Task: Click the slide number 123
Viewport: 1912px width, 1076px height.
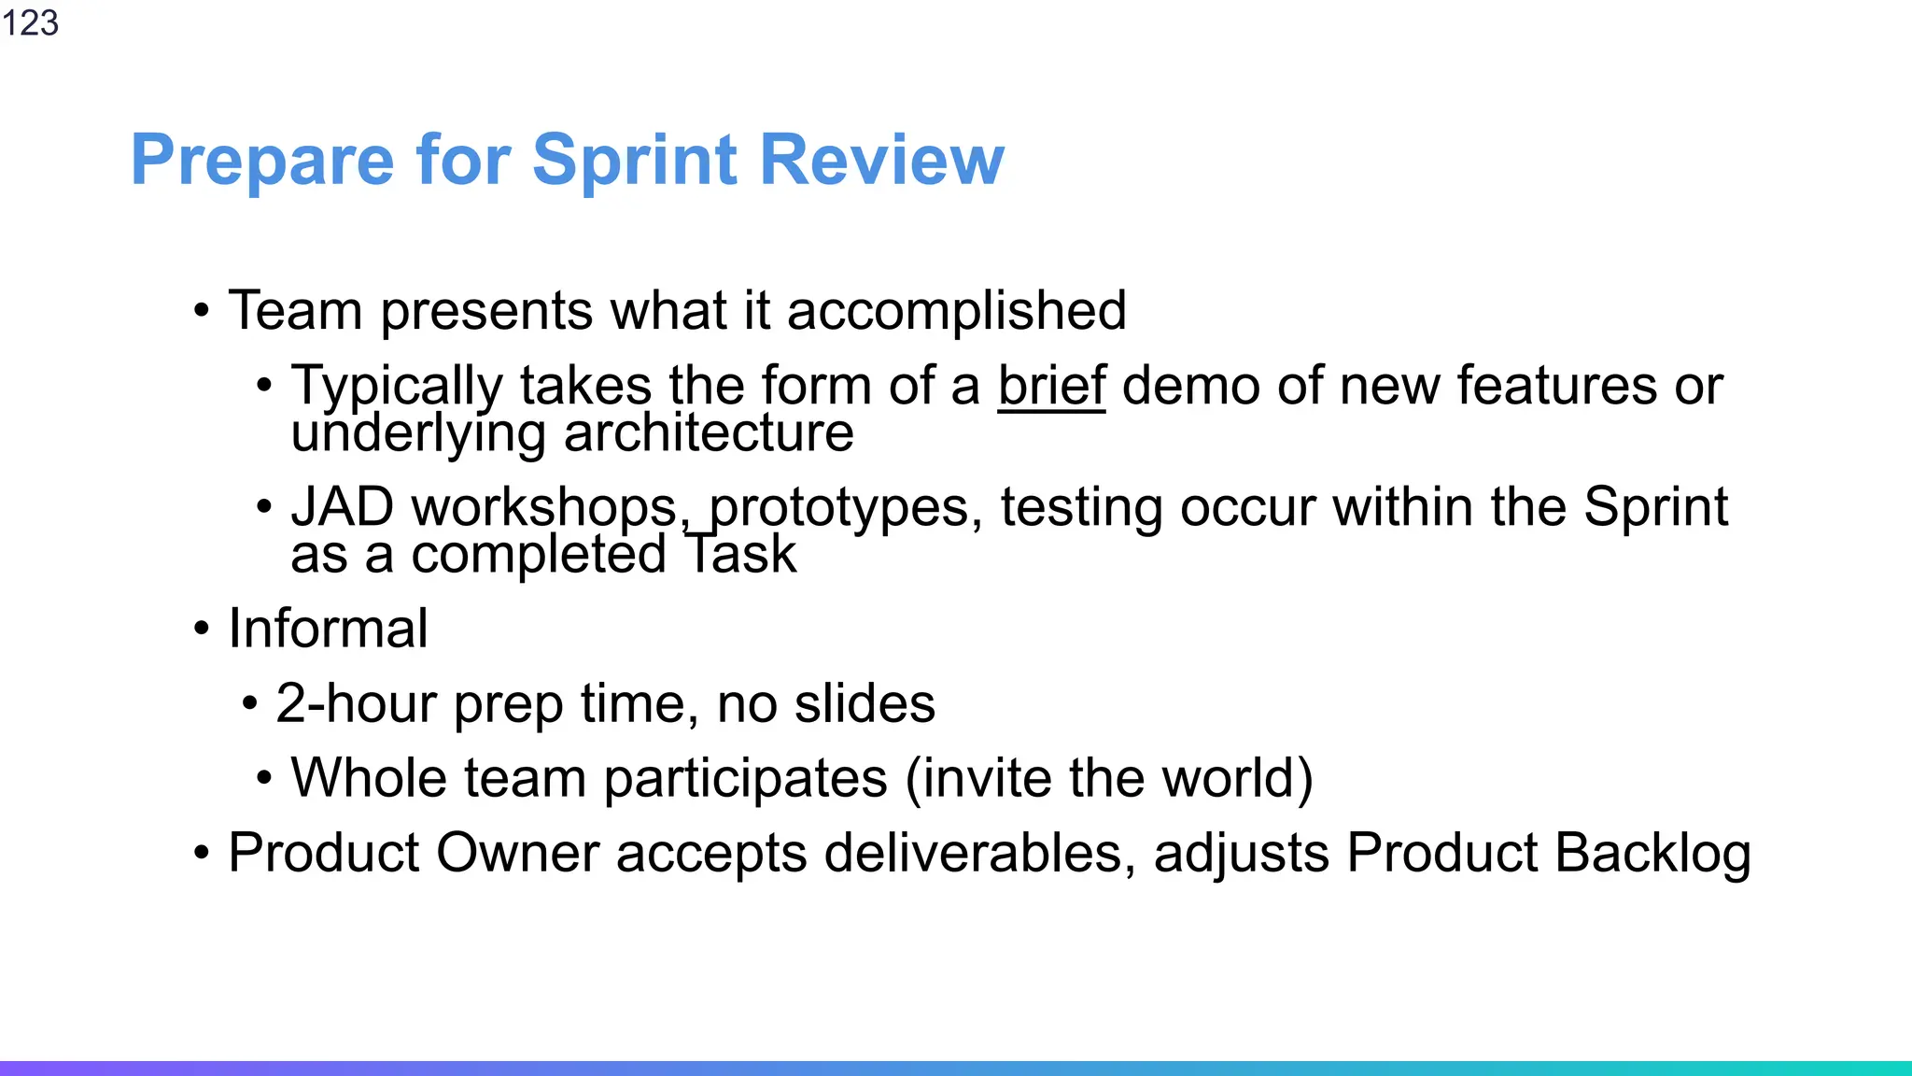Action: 30,22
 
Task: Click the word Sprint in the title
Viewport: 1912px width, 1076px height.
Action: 636,161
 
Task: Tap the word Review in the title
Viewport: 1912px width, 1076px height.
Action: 881,161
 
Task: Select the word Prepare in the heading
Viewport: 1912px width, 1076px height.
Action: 262,161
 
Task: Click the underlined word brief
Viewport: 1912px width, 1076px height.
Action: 1051,385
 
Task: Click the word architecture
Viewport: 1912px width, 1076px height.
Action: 709,432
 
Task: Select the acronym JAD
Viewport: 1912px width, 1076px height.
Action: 342,507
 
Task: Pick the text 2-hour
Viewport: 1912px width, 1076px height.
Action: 355,703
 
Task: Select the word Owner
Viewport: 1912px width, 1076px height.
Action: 517,853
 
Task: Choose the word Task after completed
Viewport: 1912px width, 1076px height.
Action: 741,554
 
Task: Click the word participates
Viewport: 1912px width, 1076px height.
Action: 745,778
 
